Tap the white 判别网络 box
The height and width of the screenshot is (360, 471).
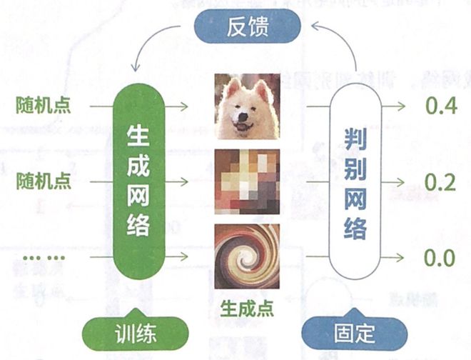coord(355,183)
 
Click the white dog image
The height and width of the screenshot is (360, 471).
coord(247,108)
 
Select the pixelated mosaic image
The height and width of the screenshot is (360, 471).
coord(247,182)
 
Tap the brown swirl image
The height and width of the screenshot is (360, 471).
coord(247,255)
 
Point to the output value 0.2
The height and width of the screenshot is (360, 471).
coord(440,183)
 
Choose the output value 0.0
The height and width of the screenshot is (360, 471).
coord(440,257)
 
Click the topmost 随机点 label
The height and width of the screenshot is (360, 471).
coord(44,106)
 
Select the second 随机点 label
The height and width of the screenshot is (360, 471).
coord(44,181)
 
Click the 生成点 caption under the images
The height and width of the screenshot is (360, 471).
coord(246,309)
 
